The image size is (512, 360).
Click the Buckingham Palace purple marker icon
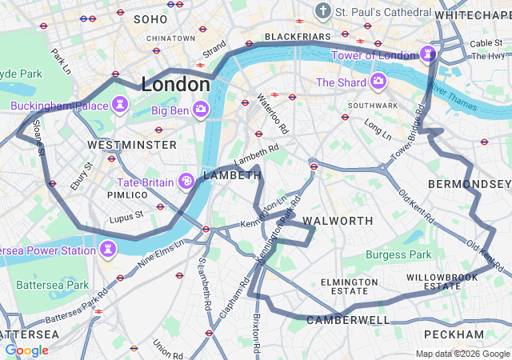[120, 104]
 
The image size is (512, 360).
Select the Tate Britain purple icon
[186, 182]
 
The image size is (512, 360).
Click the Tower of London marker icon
[428, 54]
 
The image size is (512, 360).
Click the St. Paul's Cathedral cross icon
[322, 11]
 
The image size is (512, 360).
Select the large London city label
[175, 84]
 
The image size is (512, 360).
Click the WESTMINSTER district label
[132, 145]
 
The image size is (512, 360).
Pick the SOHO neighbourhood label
[150, 18]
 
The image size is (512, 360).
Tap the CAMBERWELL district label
[348, 320]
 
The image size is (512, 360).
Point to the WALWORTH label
[337, 220]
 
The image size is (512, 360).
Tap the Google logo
[26, 350]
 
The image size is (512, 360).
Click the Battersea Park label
[53, 285]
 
